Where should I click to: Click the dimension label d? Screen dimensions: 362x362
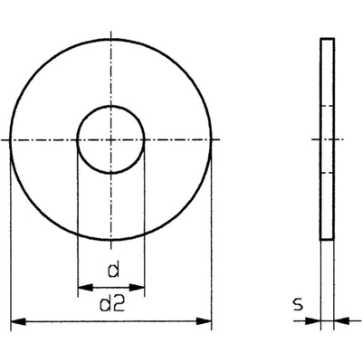coord(112,269)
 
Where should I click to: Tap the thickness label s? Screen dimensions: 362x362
coord(296,304)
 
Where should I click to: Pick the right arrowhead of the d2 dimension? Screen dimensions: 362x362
coord(205,320)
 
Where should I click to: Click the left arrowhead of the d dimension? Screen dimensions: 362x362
coord(82,287)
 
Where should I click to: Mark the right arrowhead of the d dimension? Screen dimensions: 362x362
coord(138,287)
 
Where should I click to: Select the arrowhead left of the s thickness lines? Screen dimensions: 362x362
coord(316,320)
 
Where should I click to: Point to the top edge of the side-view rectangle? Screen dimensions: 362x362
coord(328,39)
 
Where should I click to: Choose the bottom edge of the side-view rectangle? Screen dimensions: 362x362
coord(328,239)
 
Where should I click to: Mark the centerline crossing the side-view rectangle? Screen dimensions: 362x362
coord(328,140)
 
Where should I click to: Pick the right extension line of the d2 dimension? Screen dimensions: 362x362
coord(211,235)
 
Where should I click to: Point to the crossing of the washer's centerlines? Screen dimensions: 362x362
coord(110,140)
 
